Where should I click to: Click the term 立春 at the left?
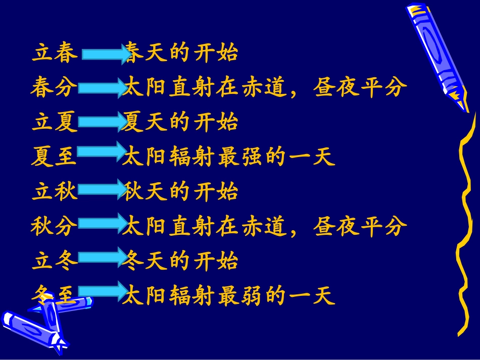coord(55,53)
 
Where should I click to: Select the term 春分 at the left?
coord(54,88)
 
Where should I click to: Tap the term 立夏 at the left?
coord(55,123)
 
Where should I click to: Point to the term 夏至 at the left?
coord(54,158)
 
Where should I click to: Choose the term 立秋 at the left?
coord(55,192)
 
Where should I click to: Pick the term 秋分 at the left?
coord(54,227)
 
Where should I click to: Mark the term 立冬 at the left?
coord(55,262)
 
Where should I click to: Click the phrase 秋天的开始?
coord(181,192)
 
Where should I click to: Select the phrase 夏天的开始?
coord(180,123)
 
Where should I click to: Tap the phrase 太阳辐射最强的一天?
coord(229,158)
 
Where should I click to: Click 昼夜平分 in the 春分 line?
coord(360,88)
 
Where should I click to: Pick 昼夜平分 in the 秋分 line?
coord(360,227)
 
